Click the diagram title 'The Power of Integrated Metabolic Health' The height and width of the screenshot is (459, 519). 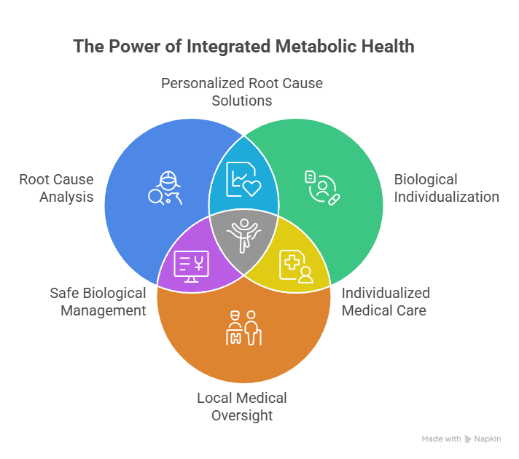243,47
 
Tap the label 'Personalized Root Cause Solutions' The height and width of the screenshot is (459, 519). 242,92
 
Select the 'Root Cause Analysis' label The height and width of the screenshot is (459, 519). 57,188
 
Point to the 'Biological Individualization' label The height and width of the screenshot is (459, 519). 446,188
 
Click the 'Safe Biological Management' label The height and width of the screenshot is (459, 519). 98,302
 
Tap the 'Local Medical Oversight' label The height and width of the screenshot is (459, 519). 242,407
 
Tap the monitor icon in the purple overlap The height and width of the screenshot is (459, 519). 192,266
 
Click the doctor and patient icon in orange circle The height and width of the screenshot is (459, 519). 243,327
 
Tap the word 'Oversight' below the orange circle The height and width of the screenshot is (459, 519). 242,415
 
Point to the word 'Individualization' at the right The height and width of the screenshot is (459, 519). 446,197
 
